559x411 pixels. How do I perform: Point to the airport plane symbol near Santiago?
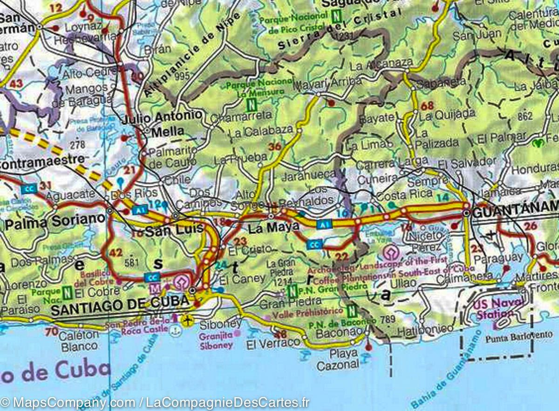point(187,320)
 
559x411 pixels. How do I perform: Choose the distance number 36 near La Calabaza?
point(275,147)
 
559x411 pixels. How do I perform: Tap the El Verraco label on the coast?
point(273,343)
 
